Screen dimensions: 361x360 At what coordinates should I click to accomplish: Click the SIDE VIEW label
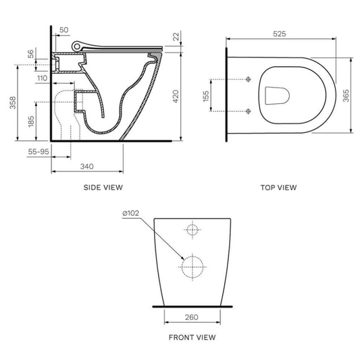pyautogui.click(x=103, y=187)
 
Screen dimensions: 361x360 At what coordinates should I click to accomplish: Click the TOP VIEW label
pyautogui.click(x=279, y=188)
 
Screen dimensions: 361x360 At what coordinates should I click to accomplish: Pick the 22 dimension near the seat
pyautogui.click(x=176, y=36)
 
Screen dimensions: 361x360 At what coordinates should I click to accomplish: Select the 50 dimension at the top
pyautogui.click(x=64, y=30)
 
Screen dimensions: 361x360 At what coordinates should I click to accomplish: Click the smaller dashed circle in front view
pyautogui.click(x=192, y=230)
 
